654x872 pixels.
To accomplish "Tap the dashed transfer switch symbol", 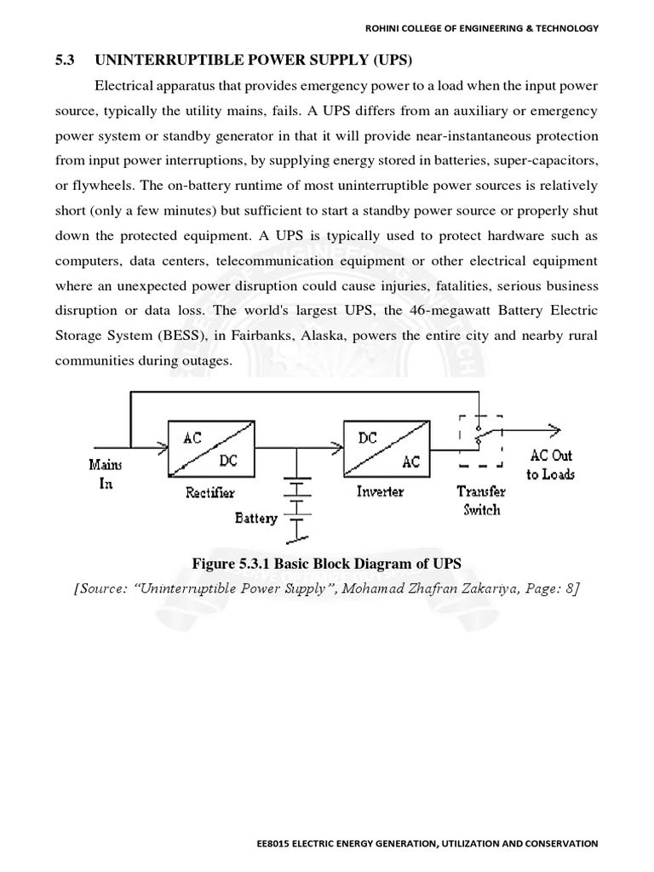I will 480,440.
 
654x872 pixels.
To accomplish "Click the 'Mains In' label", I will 105,474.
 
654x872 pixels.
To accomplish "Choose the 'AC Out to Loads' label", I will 550,465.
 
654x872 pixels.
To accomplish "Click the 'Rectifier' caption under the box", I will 209,492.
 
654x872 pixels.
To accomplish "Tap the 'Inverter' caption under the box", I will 380,491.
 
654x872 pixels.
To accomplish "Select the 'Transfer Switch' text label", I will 481,501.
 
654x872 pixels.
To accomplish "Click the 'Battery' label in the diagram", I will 256,517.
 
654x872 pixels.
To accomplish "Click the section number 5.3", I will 66,60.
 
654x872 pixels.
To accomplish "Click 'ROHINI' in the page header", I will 385,28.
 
